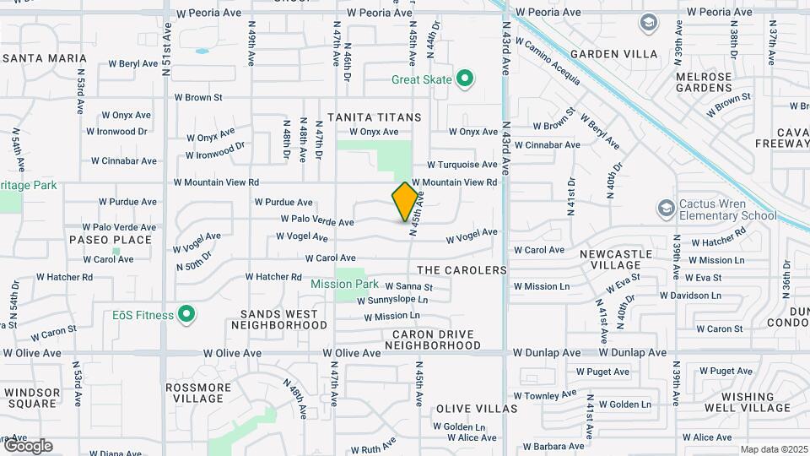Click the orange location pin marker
click(x=405, y=202)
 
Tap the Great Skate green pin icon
click(x=464, y=80)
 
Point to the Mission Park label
click(x=344, y=285)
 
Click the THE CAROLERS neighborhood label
click(x=462, y=270)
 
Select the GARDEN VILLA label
click(x=613, y=54)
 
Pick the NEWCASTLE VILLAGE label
click(x=616, y=258)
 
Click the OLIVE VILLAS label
click(x=476, y=409)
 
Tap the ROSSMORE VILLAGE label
click(x=197, y=393)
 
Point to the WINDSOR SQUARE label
click(x=32, y=398)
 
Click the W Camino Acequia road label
click(x=548, y=61)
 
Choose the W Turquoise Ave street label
click(x=462, y=165)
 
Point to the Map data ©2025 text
click(x=773, y=449)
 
